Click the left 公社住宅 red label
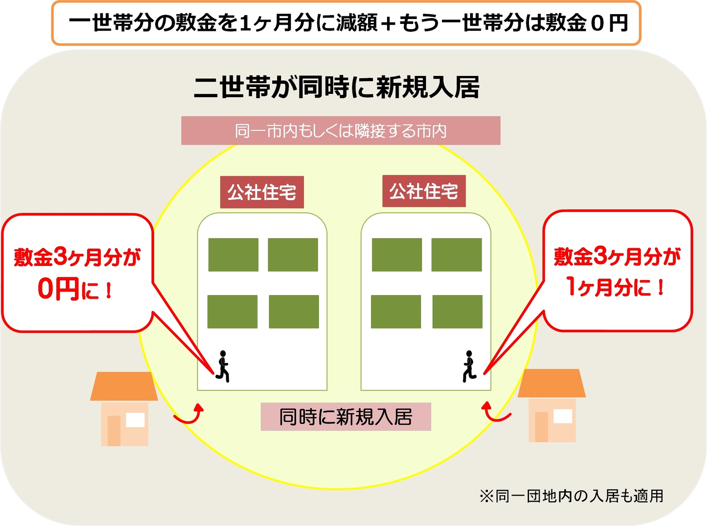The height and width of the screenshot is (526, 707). (x=262, y=192)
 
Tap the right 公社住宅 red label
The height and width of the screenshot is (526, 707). (x=424, y=191)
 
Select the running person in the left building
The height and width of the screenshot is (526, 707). (x=223, y=366)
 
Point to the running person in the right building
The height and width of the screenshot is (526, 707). (x=469, y=366)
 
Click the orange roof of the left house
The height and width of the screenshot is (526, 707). (x=124, y=386)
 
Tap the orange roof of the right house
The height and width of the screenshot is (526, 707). (x=551, y=383)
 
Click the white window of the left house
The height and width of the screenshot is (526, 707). (x=135, y=420)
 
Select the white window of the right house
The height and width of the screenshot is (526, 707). (x=563, y=416)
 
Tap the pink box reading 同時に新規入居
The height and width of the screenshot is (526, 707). (x=346, y=416)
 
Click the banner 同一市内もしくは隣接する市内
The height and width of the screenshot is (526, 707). (x=341, y=131)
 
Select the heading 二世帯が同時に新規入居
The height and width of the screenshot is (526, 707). (x=337, y=87)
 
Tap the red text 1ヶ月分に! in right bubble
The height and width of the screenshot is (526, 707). (x=616, y=287)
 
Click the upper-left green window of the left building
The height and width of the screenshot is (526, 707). (x=233, y=255)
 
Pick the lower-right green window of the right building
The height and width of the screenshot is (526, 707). (x=457, y=312)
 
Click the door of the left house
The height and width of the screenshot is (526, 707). (x=114, y=430)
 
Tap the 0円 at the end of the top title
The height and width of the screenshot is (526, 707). (x=610, y=23)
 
